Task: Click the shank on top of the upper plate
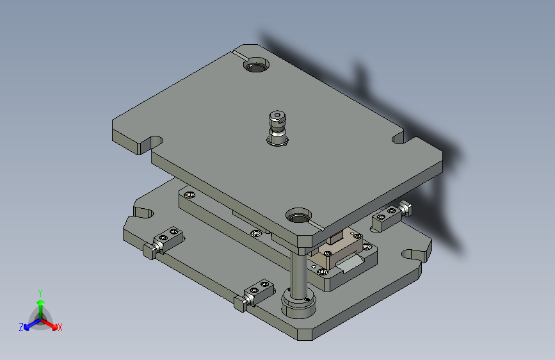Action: (277, 127)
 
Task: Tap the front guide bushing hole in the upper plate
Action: (298, 216)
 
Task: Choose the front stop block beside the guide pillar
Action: (259, 291)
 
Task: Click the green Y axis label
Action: (40, 291)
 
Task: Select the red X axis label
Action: (60, 327)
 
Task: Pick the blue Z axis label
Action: (20, 327)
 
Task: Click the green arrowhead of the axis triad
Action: (40, 301)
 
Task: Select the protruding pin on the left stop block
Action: (148, 250)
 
